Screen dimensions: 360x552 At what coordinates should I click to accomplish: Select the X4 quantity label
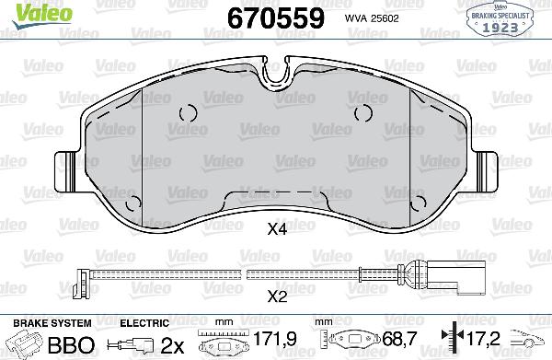pyautogui.click(x=277, y=232)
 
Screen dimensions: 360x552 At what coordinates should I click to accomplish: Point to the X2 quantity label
pyautogui.click(x=277, y=296)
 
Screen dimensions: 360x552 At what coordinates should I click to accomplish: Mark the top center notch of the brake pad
pyautogui.click(x=277, y=73)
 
